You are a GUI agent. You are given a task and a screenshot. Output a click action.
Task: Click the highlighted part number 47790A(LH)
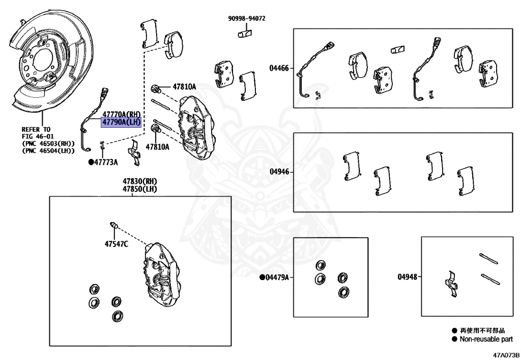point(121,123)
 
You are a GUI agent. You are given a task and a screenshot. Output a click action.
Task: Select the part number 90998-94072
point(247,19)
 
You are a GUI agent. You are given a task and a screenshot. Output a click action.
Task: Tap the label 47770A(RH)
point(121,115)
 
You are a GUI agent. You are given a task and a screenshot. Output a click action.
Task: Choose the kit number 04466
point(279,68)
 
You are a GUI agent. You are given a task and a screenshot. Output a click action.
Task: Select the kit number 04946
point(279,172)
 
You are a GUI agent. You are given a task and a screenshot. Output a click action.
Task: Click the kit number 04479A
point(277,278)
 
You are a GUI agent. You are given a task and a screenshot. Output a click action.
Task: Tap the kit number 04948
point(407,278)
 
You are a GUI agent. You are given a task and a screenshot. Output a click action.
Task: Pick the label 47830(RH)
point(139,181)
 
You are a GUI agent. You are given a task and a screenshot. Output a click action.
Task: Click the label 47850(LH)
point(139,189)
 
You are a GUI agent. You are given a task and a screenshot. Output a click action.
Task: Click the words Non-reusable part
point(486,339)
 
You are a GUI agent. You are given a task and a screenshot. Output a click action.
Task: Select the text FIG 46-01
point(37,136)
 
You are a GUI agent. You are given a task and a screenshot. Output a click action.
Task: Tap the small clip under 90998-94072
point(244,34)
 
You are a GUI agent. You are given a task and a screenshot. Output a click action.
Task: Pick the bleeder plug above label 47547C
point(114,225)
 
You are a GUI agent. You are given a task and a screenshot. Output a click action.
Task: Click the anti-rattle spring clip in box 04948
point(452,285)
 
